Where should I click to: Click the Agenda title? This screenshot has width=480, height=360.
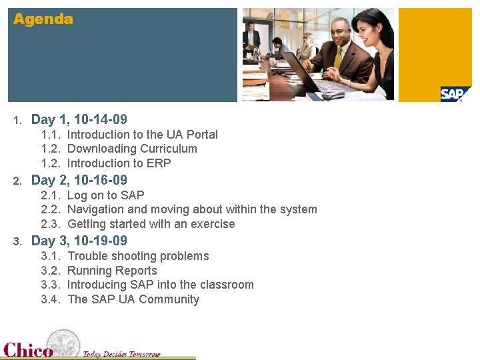coord(43,19)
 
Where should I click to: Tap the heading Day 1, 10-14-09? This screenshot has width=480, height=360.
coord(79,120)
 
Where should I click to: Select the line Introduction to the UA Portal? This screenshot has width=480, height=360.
coord(143,135)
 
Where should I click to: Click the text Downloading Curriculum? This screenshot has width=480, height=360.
coord(133,149)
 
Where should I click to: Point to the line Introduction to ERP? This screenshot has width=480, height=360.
coord(119,163)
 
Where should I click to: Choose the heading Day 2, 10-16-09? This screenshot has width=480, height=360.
coord(79,180)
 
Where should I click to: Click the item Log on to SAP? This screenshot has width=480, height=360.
coord(106,195)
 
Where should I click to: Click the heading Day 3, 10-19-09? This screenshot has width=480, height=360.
coord(79,241)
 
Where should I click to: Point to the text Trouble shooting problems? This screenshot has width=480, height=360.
coord(138,256)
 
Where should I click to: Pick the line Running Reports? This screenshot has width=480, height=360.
coord(113,271)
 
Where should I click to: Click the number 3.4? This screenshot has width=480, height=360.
coord(51,299)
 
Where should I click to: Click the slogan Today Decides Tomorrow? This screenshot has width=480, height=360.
coord(121,354)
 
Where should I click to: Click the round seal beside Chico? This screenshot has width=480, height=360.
coord(64,343)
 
